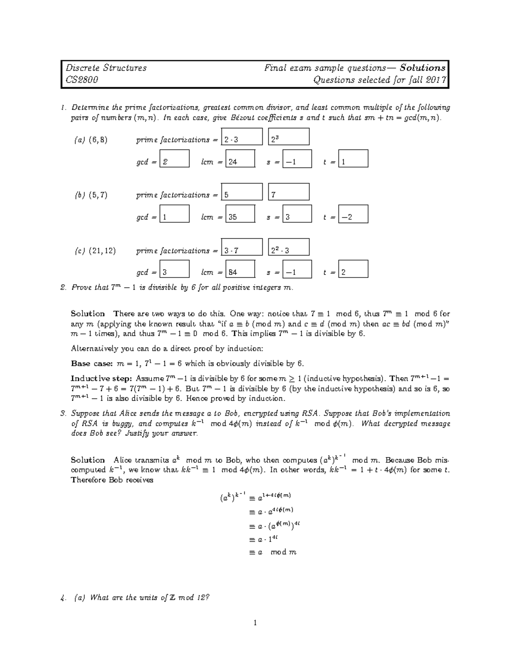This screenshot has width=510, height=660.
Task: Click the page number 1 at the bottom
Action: pyautogui.click(x=255, y=623)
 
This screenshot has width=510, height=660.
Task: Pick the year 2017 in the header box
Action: pyautogui.click(x=435, y=80)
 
